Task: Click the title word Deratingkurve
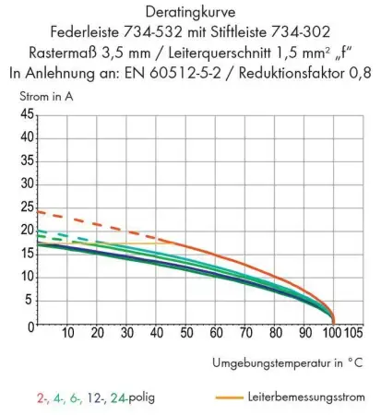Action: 190,13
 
